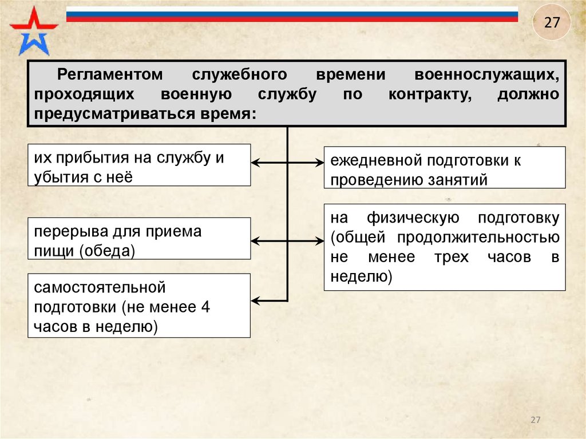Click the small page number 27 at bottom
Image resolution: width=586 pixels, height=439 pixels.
coord(536,420)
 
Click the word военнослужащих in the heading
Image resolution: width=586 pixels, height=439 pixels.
coord(486,75)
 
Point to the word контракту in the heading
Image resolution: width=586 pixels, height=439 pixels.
coord(430,94)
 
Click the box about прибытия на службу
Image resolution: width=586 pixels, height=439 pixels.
coord(139,165)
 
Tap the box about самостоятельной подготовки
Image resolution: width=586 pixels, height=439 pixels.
coord(139,305)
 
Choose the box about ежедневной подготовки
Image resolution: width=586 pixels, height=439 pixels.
coord(445,167)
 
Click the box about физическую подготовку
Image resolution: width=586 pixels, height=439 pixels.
coord(445,247)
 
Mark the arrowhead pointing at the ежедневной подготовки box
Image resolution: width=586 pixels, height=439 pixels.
coord(320,164)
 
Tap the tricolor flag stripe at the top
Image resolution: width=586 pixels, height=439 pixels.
coord(292,14)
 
